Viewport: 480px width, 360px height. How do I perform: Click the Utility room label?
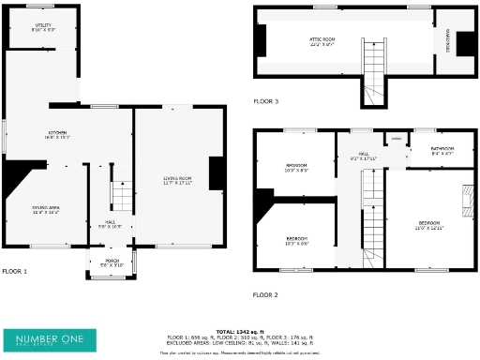pos(43,28)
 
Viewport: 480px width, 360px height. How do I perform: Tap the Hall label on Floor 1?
pos(111,224)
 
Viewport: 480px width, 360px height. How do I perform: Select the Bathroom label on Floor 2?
pos(442,149)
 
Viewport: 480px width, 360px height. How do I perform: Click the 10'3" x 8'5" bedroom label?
pos(296,168)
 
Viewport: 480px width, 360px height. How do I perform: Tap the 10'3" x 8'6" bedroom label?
pos(296,240)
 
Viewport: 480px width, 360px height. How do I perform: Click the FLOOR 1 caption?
pos(15,271)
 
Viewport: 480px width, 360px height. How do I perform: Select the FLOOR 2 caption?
pos(265,294)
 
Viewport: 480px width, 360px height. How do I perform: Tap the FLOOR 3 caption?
pos(266,100)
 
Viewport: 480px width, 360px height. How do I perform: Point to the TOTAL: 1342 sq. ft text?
pos(240,331)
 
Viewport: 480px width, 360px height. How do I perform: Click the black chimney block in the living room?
pos(215,173)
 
